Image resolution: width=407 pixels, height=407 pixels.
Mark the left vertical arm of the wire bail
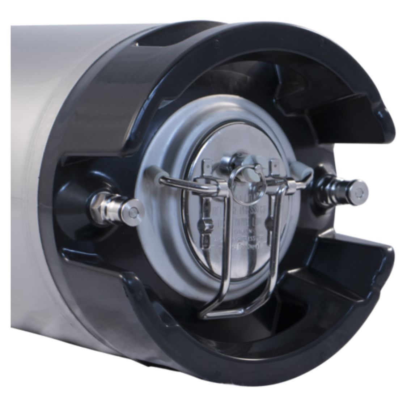(212, 253)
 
